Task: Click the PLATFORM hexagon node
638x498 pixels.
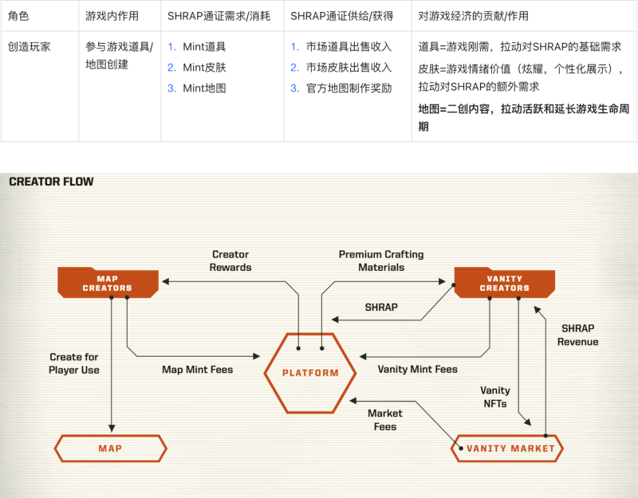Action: pyautogui.click(x=310, y=372)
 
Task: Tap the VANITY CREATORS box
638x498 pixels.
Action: pyautogui.click(x=504, y=282)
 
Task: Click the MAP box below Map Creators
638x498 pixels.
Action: pyautogui.click(x=110, y=449)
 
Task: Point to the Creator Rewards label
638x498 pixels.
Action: pyautogui.click(x=230, y=261)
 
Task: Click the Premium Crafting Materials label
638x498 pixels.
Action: pyautogui.click(x=381, y=261)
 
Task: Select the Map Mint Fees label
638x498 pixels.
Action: pyautogui.click(x=197, y=370)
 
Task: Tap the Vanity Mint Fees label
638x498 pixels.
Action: pyautogui.click(x=417, y=370)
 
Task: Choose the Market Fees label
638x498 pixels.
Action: pyautogui.click(x=385, y=420)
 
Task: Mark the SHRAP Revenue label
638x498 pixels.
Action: pyautogui.click(x=577, y=335)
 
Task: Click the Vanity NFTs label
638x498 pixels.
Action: pyautogui.click(x=494, y=397)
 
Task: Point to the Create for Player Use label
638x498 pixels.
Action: pyautogui.click(x=74, y=363)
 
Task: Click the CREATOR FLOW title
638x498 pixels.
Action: pyautogui.click(x=51, y=182)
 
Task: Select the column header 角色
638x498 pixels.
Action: pyautogui.click(x=18, y=15)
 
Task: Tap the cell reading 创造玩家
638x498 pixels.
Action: pyautogui.click(x=30, y=47)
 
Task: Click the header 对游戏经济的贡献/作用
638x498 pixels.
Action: pyautogui.click(x=473, y=15)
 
